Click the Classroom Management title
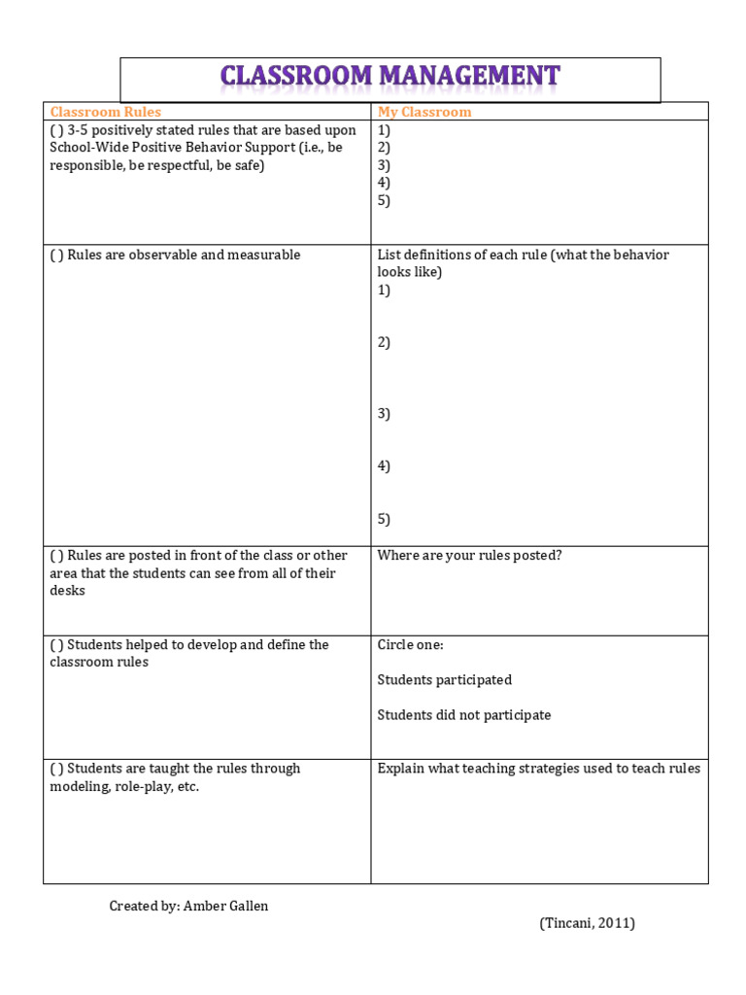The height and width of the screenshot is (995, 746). coord(390,77)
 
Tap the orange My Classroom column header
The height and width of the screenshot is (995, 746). coord(424,112)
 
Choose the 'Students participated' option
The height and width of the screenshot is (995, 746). coord(444,680)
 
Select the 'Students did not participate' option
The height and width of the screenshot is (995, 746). coord(463,715)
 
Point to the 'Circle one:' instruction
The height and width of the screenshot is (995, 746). coord(410,644)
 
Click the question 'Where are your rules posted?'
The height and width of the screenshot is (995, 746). coord(469,556)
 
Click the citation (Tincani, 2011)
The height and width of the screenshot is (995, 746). coord(587,923)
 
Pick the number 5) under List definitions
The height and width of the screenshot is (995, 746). coord(384,519)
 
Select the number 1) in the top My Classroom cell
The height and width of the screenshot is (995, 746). coord(384,130)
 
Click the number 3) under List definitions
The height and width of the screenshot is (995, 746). coord(384,414)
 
